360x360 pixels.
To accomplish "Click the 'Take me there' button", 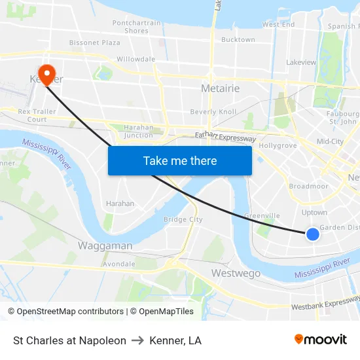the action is point(179,160).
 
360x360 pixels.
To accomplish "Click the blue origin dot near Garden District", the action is point(313,234).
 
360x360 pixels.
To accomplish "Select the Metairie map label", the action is point(220,88).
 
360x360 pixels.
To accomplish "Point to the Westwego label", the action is point(236,273).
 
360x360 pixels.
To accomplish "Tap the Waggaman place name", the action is point(105,246).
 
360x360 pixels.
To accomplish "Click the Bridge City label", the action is point(183,220).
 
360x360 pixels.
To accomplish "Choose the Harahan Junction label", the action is point(138,132).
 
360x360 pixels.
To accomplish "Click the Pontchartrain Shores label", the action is point(136,27).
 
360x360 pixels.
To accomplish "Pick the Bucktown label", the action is point(238,40).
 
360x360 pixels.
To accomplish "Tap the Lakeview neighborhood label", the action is point(301,63).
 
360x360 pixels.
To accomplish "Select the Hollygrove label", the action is point(278,145).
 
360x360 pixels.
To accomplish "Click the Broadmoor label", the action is point(308,187).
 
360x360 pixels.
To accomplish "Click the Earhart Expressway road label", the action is point(225,137).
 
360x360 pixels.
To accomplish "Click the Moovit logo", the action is point(320,340).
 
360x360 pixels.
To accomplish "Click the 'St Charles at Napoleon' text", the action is point(69,340).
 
